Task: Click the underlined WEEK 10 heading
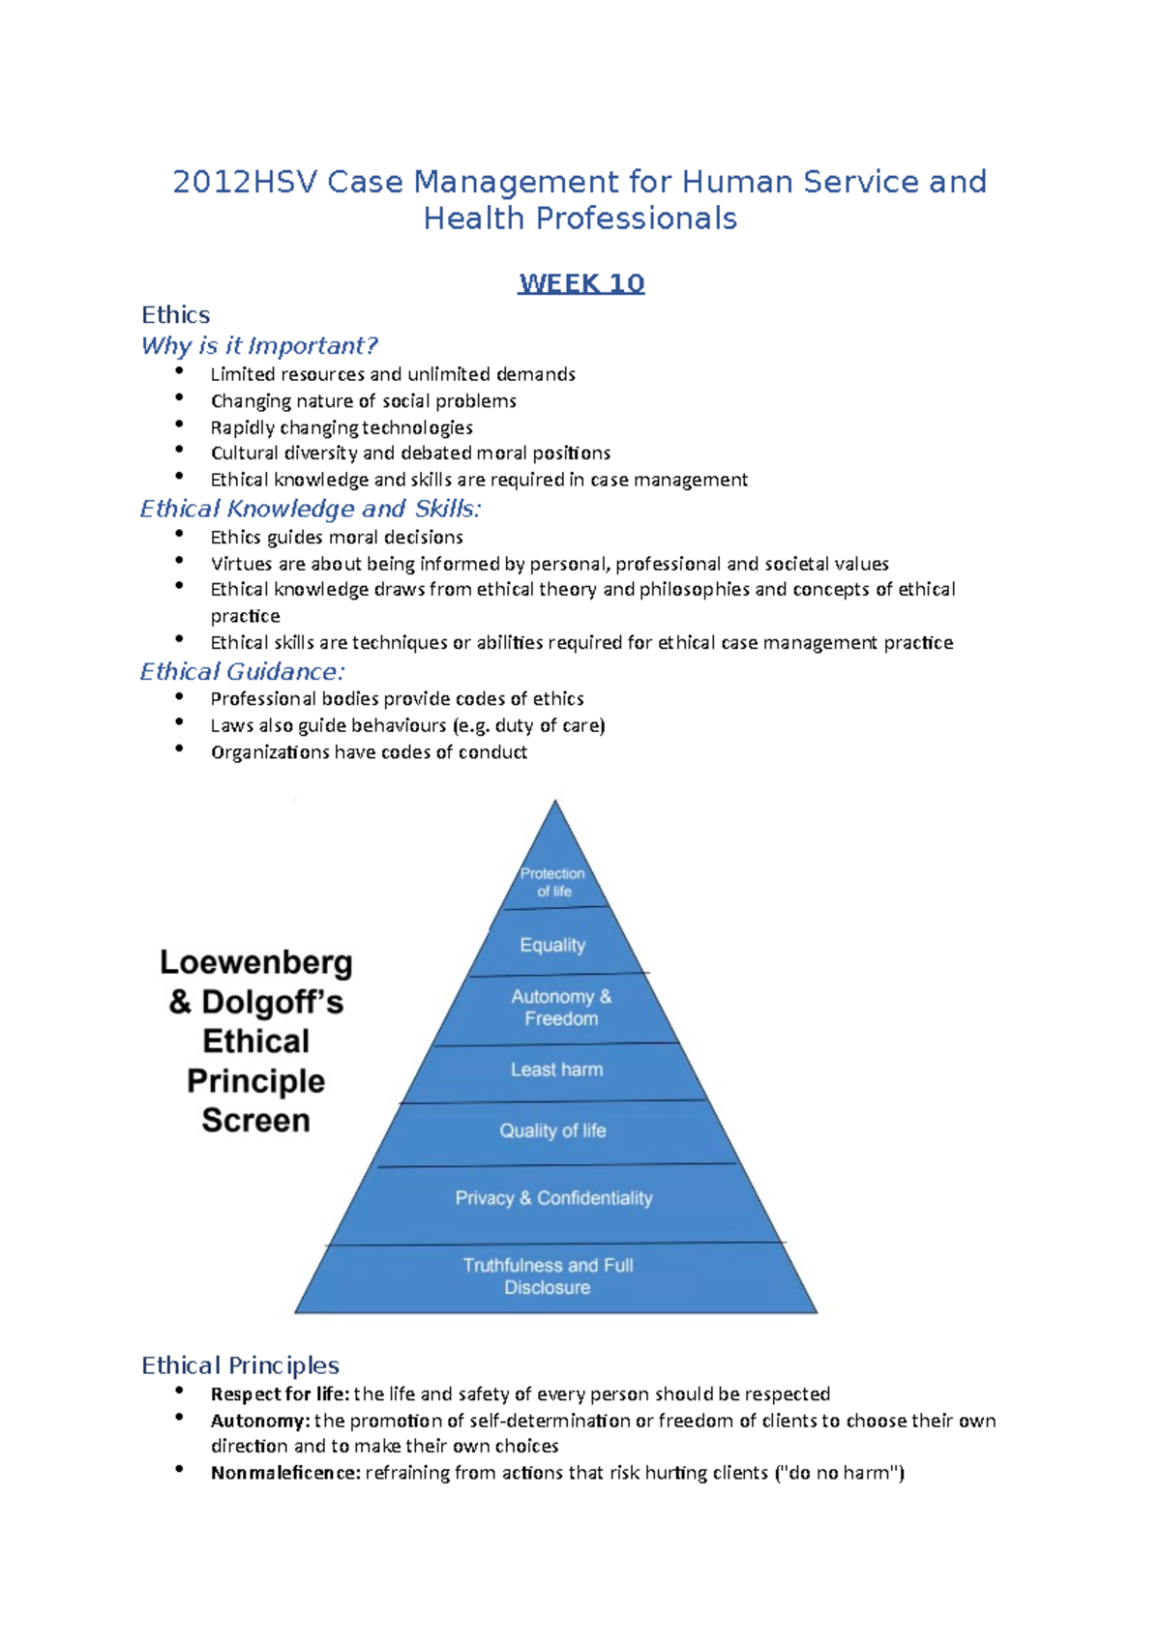pos(580,283)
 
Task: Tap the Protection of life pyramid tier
pos(553,882)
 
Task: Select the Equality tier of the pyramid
pos(552,945)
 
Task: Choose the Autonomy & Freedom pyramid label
pos(561,1008)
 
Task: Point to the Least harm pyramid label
pos(556,1070)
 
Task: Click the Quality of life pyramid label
pos(552,1130)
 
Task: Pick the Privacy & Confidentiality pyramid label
pos(553,1198)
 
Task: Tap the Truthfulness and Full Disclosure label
pos(548,1276)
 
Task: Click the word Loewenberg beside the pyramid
pos(255,962)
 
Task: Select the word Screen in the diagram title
pos(255,1120)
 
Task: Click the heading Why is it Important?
pos(258,345)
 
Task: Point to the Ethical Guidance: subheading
pos(242,671)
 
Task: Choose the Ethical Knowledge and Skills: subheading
pos(310,509)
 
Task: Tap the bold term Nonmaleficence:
pos(285,1473)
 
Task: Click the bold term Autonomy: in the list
pos(260,1421)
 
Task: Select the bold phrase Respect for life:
pos(280,1393)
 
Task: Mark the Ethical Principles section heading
pos(240,1365)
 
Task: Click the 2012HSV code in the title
pos(245,182)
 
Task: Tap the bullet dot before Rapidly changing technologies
pos(179,425)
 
